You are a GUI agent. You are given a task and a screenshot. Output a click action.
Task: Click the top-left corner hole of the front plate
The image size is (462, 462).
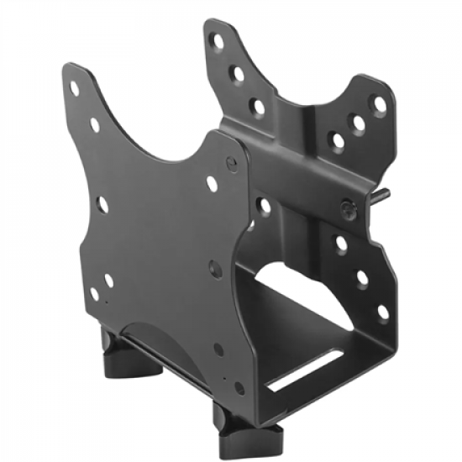pyautogui.click(x=75, y=87)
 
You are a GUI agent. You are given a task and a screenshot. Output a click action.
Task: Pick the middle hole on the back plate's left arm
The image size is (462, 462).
pyautogui.click(x=239, y=73)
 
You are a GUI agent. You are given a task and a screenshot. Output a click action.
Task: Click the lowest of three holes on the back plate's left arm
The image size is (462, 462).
pyautogui.click(x=258, y=107)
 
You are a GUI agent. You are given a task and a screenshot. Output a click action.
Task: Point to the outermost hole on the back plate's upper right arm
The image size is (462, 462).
pyautogui.click(x=380, y=104)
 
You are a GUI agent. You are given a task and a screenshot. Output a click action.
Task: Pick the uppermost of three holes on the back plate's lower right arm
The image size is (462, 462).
pyautogui.click(x=341, y=244)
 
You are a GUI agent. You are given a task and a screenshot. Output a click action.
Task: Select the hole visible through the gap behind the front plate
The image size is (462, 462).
pyautogui.click(x=265, y=204)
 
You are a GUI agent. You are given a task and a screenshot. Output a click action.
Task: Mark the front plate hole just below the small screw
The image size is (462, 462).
pyautogui.click(x=212, y=183)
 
